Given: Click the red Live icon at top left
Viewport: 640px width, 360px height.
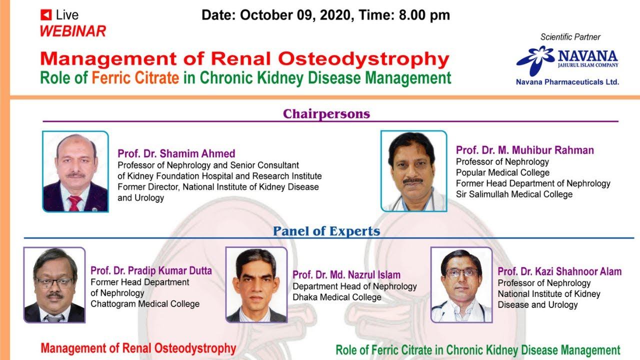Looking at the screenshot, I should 46,15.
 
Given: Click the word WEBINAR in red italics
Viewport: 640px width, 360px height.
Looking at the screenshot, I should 73,31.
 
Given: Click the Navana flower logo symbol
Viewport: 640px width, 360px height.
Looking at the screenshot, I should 535,59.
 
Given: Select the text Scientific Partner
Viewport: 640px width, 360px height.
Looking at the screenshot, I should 570,37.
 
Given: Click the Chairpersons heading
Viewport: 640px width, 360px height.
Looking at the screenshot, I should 326,114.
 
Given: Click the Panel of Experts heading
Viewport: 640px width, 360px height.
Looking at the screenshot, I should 326,231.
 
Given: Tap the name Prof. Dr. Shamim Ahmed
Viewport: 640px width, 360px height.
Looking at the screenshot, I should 176,153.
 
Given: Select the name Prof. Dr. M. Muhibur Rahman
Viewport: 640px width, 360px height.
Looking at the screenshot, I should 525,150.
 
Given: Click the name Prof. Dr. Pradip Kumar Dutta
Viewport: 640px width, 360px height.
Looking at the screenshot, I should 151,271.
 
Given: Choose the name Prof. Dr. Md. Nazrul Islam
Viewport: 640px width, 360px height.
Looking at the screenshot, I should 346,275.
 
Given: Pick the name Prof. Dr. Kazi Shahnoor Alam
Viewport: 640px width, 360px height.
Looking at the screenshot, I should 559,271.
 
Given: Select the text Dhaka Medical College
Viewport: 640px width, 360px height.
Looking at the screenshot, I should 337,297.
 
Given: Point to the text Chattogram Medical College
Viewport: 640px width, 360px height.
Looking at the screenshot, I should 145,304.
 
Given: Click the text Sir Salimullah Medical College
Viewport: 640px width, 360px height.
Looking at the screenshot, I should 514,194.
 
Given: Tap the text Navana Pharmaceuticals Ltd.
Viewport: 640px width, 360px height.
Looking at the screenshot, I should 567,82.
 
